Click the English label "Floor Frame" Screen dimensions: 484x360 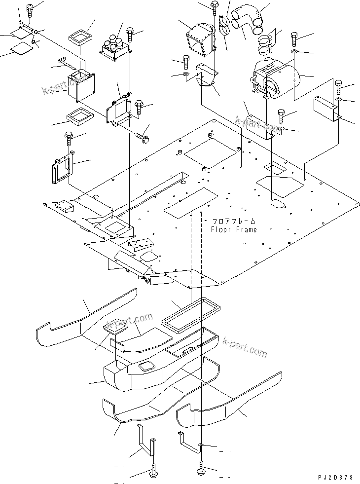coord(233,229)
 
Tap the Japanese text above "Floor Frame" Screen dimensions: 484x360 coord(234,222)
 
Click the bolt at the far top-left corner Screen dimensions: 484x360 coord(29,8)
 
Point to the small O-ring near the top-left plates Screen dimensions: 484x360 coord(34,42)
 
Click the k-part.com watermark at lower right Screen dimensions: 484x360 coord(245,347)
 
